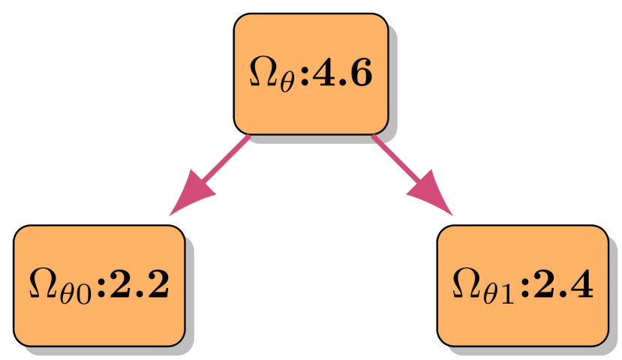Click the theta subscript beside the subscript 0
pyautogui.click(x=68, y=293)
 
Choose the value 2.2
pyautogui.click(x=138, y=284)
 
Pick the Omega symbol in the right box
pyautogui.click(x=467, y=284)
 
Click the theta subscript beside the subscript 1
pyautogui.click(x=491, y=293)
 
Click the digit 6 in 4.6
pyautogui.click(x=361, y=73)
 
